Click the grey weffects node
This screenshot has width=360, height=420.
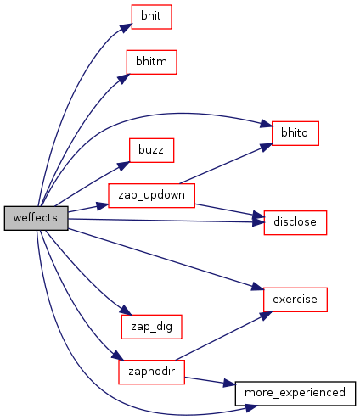pos(36,218)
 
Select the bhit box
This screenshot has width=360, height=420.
pos(151,17)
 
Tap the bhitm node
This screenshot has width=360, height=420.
pos(151,62)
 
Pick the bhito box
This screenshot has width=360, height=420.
pos(295,133)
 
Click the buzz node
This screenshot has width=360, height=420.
pos(151,150)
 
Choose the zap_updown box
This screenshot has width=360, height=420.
pos(151,195)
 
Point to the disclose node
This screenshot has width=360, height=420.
pos(295,222)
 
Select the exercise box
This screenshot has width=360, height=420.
pos(295,300)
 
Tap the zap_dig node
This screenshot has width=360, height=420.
pos(151,327)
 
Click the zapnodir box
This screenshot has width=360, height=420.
pos(151,372)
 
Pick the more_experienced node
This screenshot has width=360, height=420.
pos(295,394)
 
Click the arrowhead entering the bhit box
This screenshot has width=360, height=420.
pos(126,28)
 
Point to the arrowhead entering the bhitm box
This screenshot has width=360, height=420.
pos(123,79)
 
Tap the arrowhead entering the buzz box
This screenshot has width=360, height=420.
pos(123,165)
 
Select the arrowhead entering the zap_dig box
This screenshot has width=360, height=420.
pos(126,311)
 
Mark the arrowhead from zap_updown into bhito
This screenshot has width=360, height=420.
pos(266,148)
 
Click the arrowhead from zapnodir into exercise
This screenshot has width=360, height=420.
pos(266,316)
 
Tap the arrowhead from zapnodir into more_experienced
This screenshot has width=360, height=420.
pos(229,383)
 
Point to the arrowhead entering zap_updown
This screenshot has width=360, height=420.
pos(103,205)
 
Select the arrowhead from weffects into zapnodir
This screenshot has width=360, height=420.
pos(118,356)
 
